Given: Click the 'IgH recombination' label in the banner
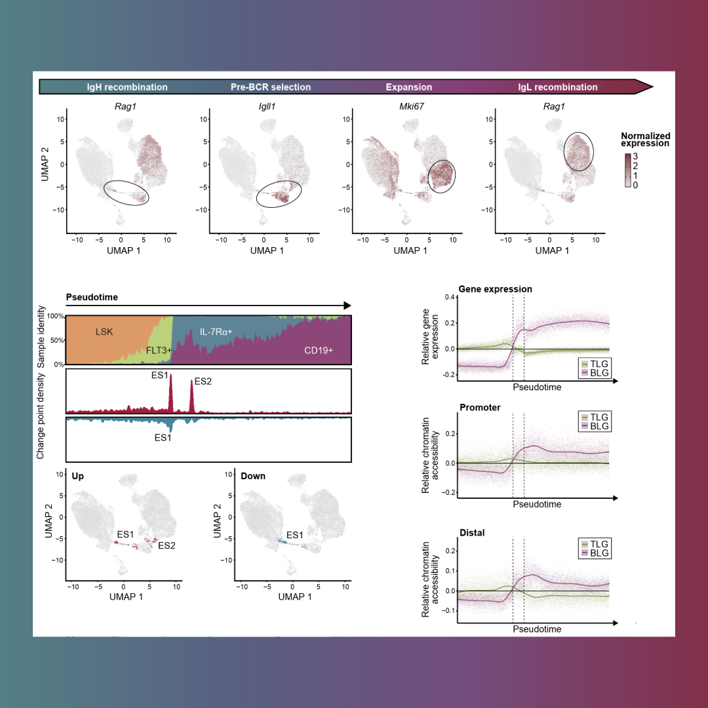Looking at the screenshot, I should coord(127,87).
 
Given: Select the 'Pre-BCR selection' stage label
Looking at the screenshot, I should coord(271,87).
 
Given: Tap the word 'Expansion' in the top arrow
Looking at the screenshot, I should coord(409,87).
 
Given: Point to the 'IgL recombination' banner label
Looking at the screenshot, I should coord(558,87).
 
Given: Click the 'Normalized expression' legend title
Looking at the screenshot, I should coord(645,140).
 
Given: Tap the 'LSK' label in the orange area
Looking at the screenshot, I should coord(104,332).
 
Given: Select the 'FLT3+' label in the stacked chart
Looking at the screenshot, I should coord(159,351).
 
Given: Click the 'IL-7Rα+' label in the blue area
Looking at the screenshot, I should coord(216,332).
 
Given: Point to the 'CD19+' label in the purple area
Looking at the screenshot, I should coord(319,351).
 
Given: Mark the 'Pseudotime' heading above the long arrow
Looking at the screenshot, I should coord(92,298).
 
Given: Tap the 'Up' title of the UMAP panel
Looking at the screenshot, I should coord(78,475).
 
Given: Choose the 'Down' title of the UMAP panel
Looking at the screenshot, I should coord(253,475).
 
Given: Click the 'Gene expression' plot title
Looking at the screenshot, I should coord(495,289).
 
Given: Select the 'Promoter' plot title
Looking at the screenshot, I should coord(479,408).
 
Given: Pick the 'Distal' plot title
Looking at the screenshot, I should coord(472,533).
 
